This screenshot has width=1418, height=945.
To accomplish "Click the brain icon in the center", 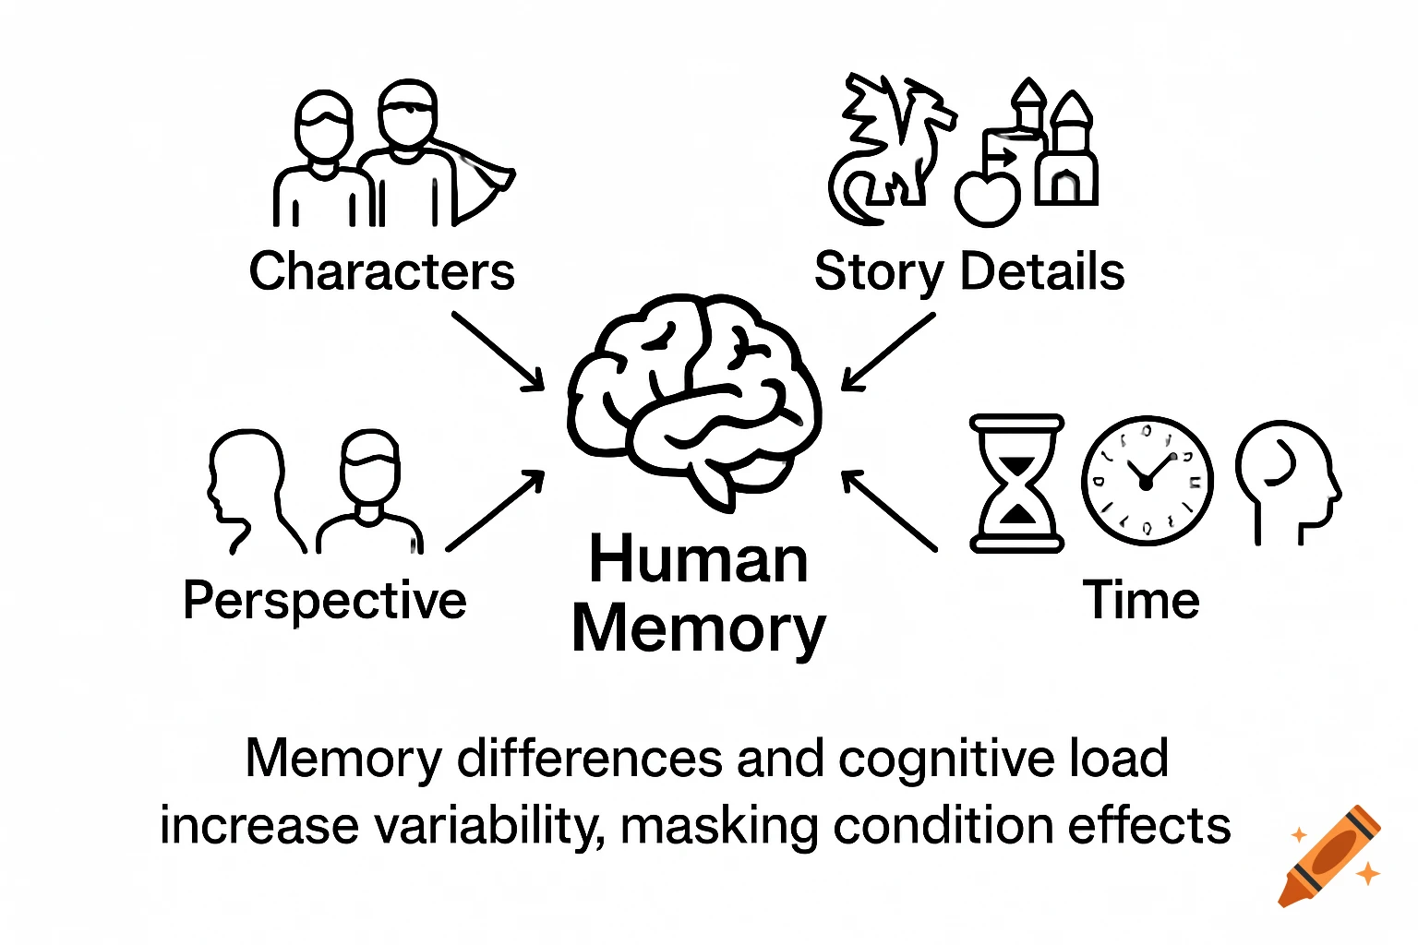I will (x=694, y=397).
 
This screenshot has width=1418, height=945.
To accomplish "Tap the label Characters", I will (x=381, y=271).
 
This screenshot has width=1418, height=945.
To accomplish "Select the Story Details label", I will (x=968, y=271).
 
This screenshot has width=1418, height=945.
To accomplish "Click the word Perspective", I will (x=324, y=601).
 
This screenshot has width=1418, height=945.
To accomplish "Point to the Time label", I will (x=1140, y=601).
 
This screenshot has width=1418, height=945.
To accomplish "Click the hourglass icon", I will (x=1015, y=483).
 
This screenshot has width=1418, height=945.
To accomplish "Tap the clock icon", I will (x=1147, y=481).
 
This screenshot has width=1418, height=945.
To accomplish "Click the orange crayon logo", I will (x=1329, y=855).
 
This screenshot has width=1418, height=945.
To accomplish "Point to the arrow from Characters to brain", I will (x=498, y=352).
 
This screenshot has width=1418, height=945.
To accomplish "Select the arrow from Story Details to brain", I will (x=888, y=352).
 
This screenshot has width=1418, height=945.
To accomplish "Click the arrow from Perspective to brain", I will (x=496, y=510).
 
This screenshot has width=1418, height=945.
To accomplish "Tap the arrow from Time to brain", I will (x=889, y=510).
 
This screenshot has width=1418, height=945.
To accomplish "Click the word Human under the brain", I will (x=699, y=560).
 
